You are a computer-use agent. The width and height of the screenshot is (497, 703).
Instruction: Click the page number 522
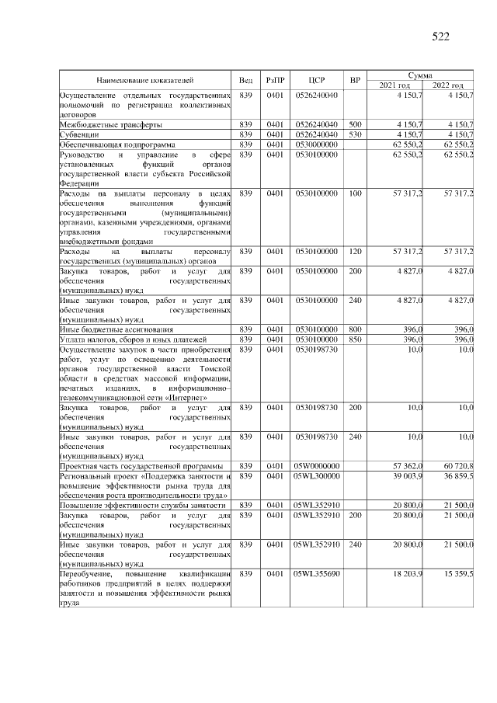point(440,36)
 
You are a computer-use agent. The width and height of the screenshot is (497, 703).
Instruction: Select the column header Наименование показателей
point(145,80)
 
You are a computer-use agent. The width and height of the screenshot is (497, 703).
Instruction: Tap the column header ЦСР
point(315,80)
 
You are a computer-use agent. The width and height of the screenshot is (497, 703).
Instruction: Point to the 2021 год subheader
point(395,85)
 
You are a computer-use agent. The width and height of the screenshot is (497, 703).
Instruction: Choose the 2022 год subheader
point(448,85)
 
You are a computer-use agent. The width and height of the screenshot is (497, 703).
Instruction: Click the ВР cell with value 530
point(355,134)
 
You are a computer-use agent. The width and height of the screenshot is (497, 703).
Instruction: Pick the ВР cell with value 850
point(355,339)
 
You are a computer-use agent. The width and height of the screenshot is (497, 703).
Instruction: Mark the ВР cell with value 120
point(355,252)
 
